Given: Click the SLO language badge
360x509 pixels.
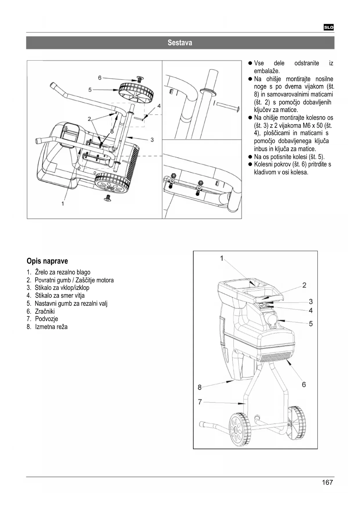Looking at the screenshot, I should point(329,28).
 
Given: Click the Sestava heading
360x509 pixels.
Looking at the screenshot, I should point(180,43).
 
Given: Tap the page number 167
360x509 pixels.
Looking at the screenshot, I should point(327,482).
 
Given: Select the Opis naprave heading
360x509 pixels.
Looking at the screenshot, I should point(47,261).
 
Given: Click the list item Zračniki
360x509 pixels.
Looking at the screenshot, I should point(45,311).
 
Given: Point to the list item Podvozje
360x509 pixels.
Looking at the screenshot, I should point(46,319).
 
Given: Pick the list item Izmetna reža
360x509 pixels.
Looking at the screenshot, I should point(51,327).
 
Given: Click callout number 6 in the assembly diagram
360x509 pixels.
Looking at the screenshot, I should point(100,78).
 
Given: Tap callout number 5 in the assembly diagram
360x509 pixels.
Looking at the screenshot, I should point(90,90).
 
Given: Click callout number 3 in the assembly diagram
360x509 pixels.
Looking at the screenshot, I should point(152,140).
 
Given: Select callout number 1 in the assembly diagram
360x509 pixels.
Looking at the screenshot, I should point(63,203).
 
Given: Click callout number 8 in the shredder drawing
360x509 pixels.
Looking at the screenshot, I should point(200,387).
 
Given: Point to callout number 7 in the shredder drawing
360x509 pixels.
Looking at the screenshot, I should point(200,402).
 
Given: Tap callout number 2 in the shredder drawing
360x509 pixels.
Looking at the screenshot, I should point(304,285).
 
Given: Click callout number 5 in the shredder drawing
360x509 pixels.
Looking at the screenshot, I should point(311,324).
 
